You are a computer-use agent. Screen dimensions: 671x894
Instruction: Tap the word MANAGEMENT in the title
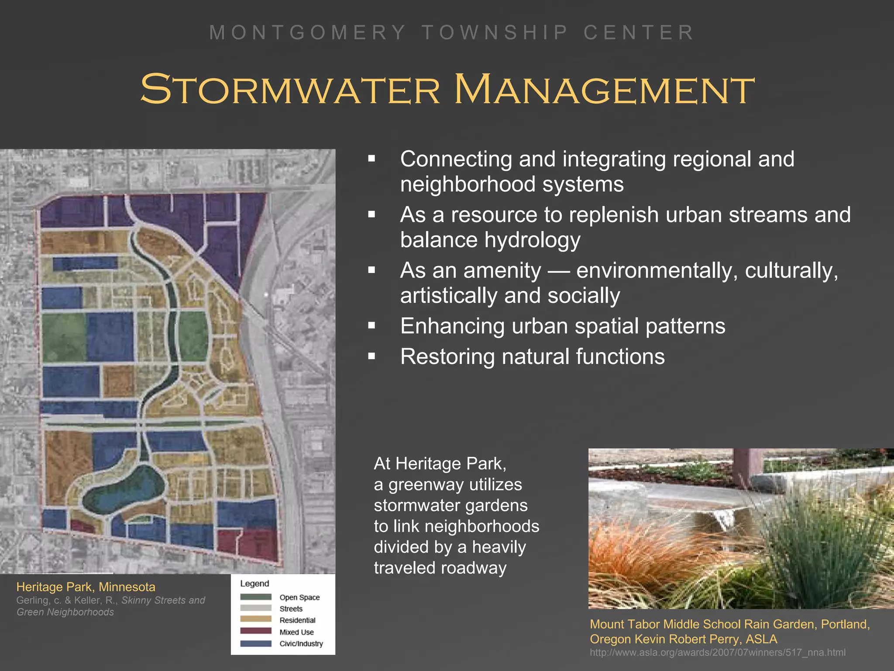[x=605, y=90]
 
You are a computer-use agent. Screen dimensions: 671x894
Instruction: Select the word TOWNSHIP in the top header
[x=495, y=33]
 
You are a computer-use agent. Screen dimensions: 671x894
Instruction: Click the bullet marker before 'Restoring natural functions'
[x=371, y=356]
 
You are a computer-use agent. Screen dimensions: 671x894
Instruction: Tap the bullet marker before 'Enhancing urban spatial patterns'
[x=371, y=326]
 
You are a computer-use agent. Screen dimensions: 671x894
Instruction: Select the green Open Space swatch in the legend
[x=256, y=597]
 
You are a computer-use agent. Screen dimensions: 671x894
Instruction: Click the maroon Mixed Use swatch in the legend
[x=256, y=631]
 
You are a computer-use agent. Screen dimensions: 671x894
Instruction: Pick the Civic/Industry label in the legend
[x=301, y=643]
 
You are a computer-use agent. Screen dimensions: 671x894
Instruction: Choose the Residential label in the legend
[x=297, y=620]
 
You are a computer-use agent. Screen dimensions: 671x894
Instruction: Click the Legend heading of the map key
[x=254, y=584]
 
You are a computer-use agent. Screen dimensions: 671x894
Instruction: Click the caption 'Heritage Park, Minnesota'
[x=86, y=587]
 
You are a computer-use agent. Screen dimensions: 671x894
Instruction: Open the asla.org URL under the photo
[x=717, y=653]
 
